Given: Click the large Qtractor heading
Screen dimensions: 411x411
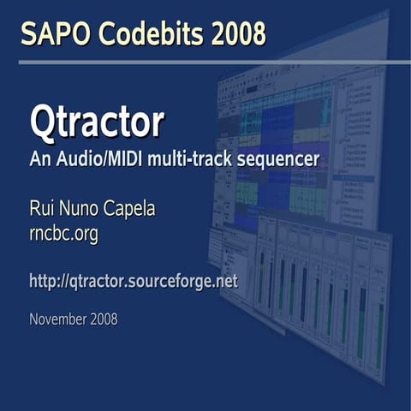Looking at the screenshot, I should click(x=96, y=122).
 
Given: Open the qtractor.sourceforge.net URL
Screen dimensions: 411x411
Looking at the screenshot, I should click(x=133, y=281).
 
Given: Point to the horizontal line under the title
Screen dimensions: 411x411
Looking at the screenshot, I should click(x=205, y=62).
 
